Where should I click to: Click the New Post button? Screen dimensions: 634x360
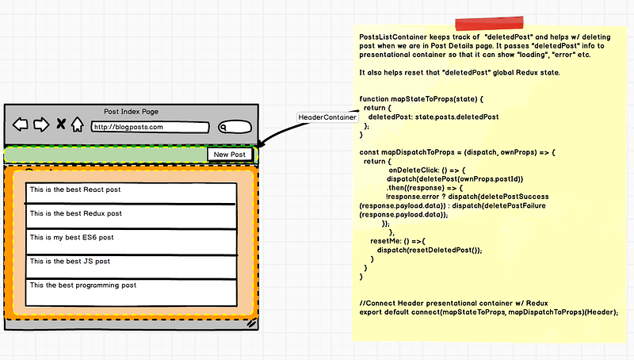pyautogui.click(x=230, y=154)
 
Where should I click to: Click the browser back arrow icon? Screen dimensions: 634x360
pyautogui.click(x=21, y=124)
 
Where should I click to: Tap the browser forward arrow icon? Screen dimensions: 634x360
pyautogui.click(x=41, y=124)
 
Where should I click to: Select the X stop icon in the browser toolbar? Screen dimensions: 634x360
pyautogui.click(x=61, y=124)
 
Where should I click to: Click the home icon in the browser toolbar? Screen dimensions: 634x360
pyautogui.click(x=77, y=124)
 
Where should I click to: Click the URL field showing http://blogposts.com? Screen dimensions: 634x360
pyautogui.click(x=150, y=127)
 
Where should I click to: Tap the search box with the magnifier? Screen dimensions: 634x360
pyautogui.click(x=235, y=127)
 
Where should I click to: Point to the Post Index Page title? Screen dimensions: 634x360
pyautogui.click(x=131, y=112)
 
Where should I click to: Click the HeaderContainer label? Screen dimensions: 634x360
pyautogui.click(x=327, y=117)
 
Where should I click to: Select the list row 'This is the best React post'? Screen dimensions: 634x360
pyautogui.click(x=131, y=193)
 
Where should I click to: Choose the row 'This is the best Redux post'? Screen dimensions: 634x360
pyautogui.click(x=131, y=216)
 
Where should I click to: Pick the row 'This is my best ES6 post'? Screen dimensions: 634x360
pyautogui.click(x=131, y=242)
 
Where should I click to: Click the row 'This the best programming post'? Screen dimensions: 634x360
pyautogui.click(x=131, y=293)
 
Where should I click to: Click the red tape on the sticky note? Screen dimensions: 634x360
pyautogui.click(x=489, y=23)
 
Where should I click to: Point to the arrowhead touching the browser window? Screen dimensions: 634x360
pyautogui.click(x=261, y=144)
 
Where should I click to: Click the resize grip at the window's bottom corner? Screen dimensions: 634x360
pyautogui.click(x=251, y=324)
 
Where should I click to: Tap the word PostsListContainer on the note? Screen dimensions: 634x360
pyautogui.click(x=393, y=37)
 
